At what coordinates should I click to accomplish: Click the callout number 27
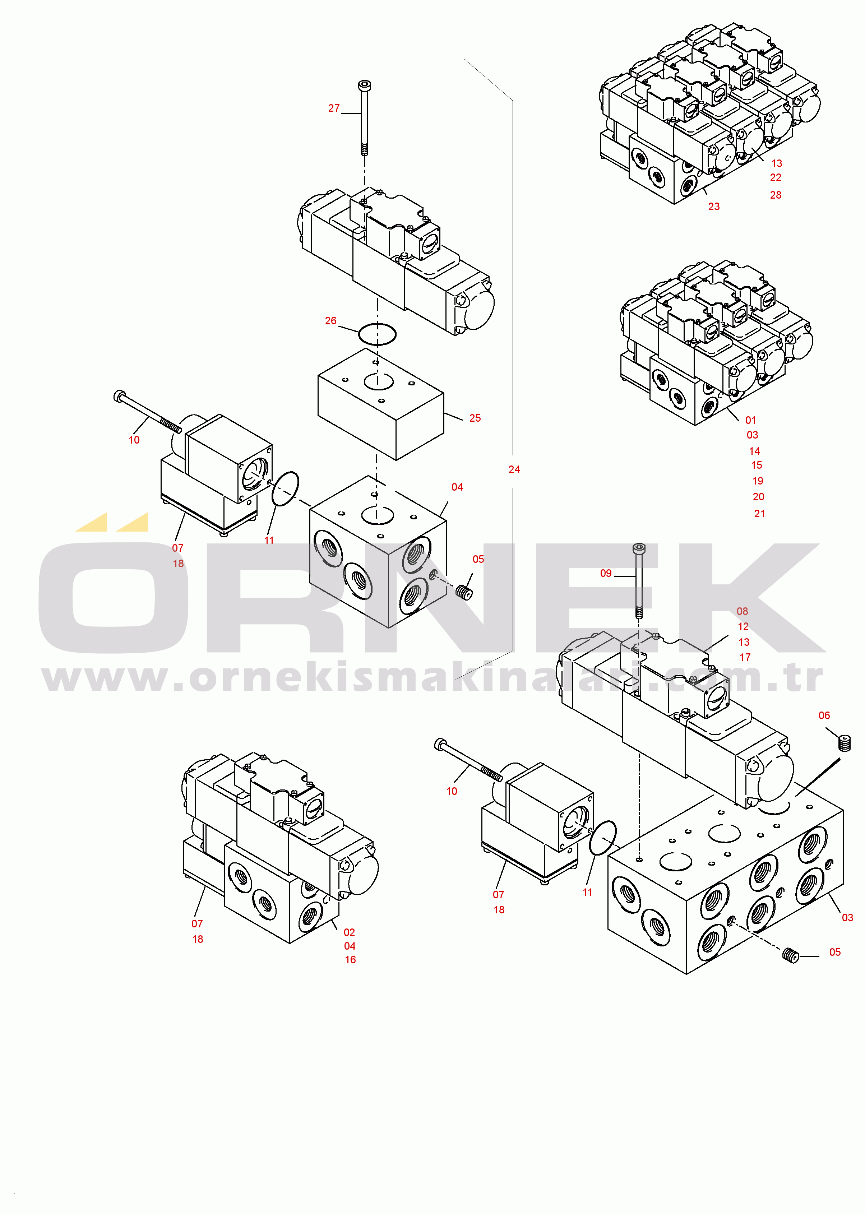click(334, 108)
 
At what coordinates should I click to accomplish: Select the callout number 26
click(331, 320)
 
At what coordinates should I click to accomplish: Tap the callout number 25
click(475, 418)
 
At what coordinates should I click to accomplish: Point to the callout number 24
click(514, 469)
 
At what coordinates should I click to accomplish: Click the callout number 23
click(714, 206)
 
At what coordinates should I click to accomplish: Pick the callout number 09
click(606, 573)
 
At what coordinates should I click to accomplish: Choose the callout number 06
click(824, 715)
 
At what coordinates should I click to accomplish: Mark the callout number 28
click(776, 195)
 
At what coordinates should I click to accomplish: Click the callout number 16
click(350, 959)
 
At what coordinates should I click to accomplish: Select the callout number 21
click(759, 513)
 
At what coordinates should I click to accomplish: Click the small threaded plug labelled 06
click(844, 743)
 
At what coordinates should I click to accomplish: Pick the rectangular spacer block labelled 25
click(381, 404)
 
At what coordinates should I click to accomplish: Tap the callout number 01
click(750, 420)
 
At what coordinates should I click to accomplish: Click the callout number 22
click(776, 177)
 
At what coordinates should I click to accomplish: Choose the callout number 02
click(350, 932)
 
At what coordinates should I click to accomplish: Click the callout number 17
click(745, 657)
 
